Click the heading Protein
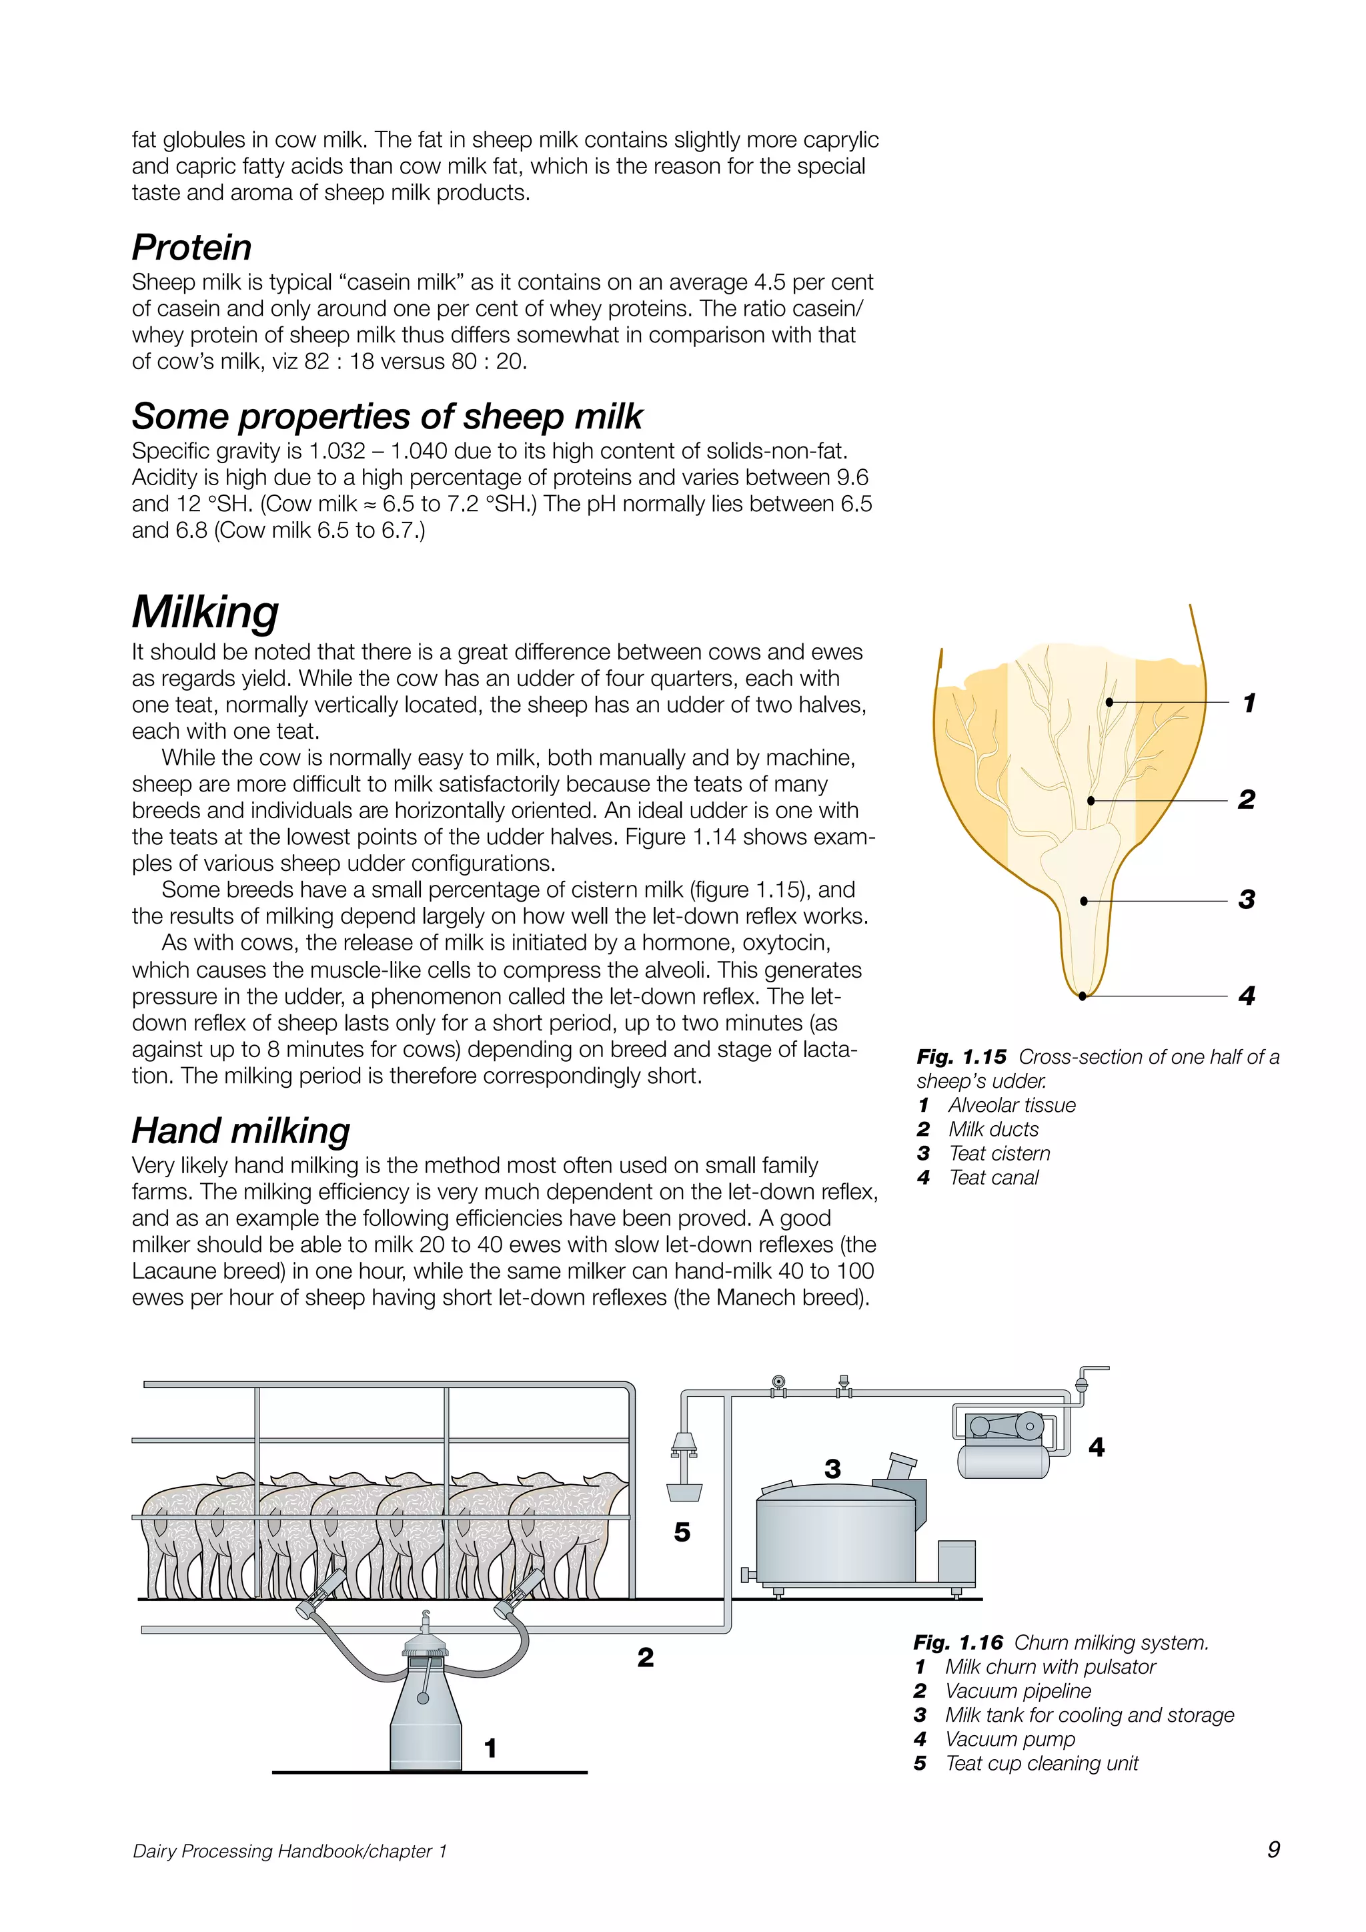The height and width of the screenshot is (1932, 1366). (x=192, y=248)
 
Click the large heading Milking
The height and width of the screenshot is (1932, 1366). (x=205, y=612)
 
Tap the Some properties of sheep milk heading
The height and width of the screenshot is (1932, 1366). (x=387, y=416)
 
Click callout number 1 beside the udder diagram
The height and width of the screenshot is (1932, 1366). (x=1249, y=703)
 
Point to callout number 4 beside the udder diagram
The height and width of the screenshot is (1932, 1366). (x=1247, y=996)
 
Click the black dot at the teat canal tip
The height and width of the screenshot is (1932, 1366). (x=1083, y=996)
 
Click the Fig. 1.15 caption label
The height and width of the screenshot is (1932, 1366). (x=961, y=1057)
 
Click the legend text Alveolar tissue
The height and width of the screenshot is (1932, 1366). (x=1012, y=1105)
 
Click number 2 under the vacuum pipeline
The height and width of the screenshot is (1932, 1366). (x=645, y=1657)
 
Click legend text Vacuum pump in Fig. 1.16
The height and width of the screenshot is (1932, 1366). (x=1009, y=1738)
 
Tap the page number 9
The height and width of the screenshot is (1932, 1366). (x=1273, y=1849)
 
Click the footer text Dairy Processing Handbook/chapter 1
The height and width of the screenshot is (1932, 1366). (x=289, y=1851)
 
